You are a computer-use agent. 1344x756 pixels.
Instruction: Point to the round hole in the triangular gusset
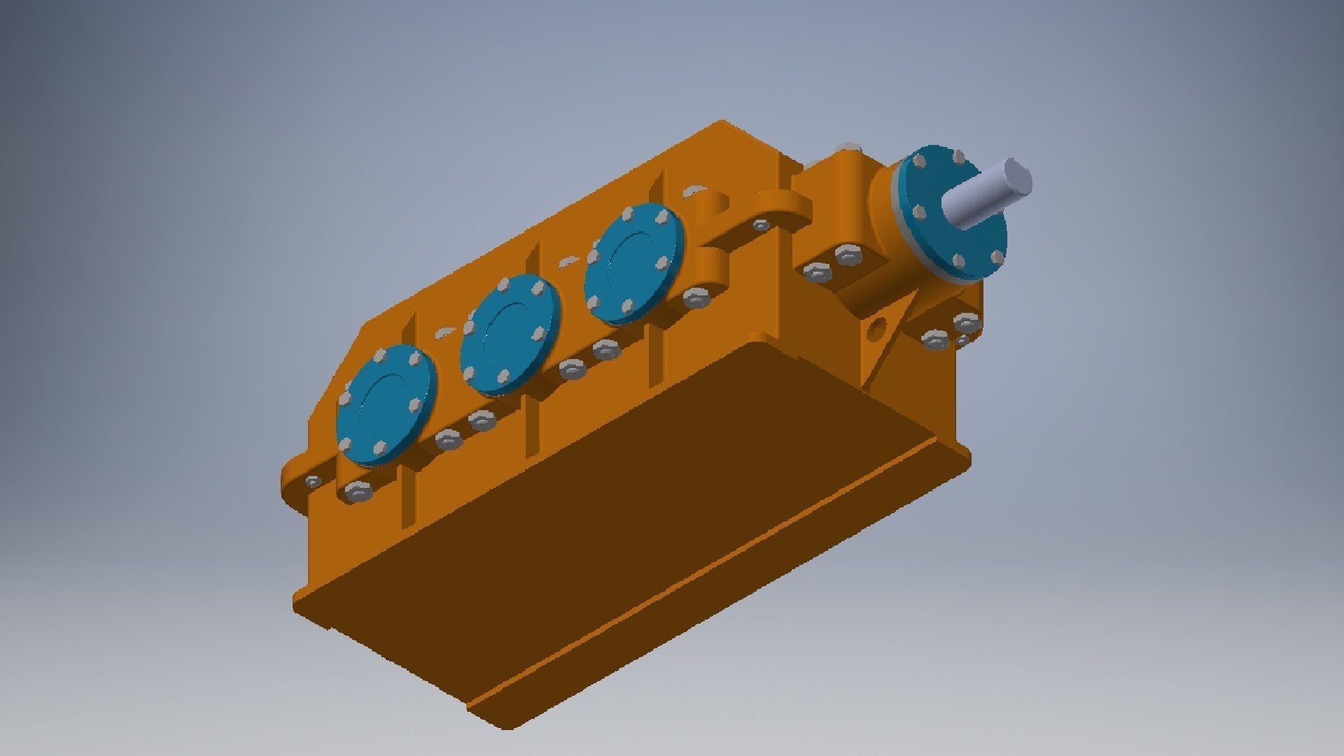coord(878,330)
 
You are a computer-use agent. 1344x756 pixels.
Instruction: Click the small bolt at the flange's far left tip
coord(313,482)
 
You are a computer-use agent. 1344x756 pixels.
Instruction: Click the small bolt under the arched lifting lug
coord(759,225)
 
